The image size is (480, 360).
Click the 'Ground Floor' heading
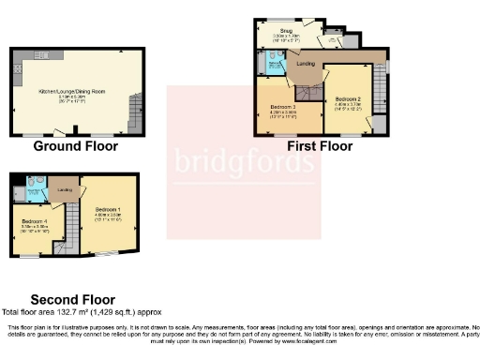(75, 146)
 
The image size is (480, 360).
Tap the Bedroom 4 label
(36, 225)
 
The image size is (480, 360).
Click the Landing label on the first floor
(304, 64)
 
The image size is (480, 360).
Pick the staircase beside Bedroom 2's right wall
(380, 94)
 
